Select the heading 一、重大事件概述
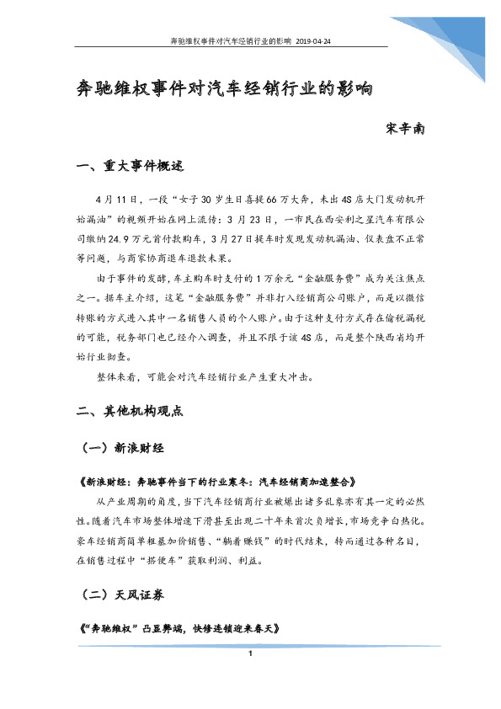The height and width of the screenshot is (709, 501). (x=129, y=166)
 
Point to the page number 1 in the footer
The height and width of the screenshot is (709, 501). (x=250, y=654)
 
